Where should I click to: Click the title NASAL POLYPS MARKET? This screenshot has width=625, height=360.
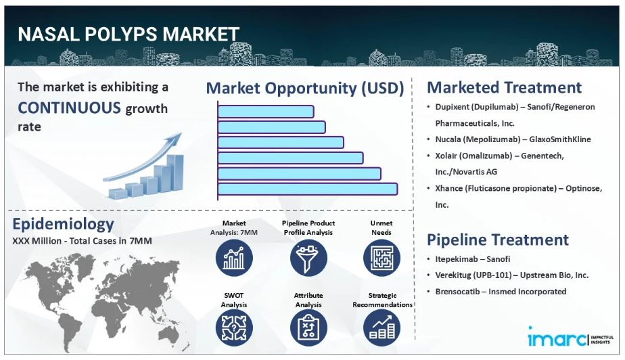[x=129, y=35]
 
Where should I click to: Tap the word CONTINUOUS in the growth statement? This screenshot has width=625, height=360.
[x=69, y=108]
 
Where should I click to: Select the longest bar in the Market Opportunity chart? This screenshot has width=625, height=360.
[x=308, y=189]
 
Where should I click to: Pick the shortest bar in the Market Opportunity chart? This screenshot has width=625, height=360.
[x=266, y=112]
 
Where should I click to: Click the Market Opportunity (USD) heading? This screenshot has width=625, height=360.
[x=305, y=89]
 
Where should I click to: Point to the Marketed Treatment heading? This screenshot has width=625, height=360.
[x=504, y=87]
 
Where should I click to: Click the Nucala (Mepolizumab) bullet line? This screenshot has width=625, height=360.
[x=513, y=139]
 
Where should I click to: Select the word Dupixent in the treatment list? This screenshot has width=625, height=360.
[x=453, y=107]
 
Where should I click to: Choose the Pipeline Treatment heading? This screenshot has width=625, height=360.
[x=498, y=240]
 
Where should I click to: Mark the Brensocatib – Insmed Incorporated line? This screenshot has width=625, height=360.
[x=501, y=292]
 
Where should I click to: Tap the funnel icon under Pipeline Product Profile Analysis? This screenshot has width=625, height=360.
[x=308, y=258]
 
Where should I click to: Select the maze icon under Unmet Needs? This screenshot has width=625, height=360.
[x=381, y=258]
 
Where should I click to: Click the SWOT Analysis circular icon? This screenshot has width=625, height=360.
[x=234, y=328]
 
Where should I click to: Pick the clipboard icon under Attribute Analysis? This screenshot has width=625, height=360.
[x=308, y=328]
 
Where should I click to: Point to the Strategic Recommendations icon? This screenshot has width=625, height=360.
[x=381, y=328]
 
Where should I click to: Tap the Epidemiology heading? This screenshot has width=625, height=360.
[x=63, y=224]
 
